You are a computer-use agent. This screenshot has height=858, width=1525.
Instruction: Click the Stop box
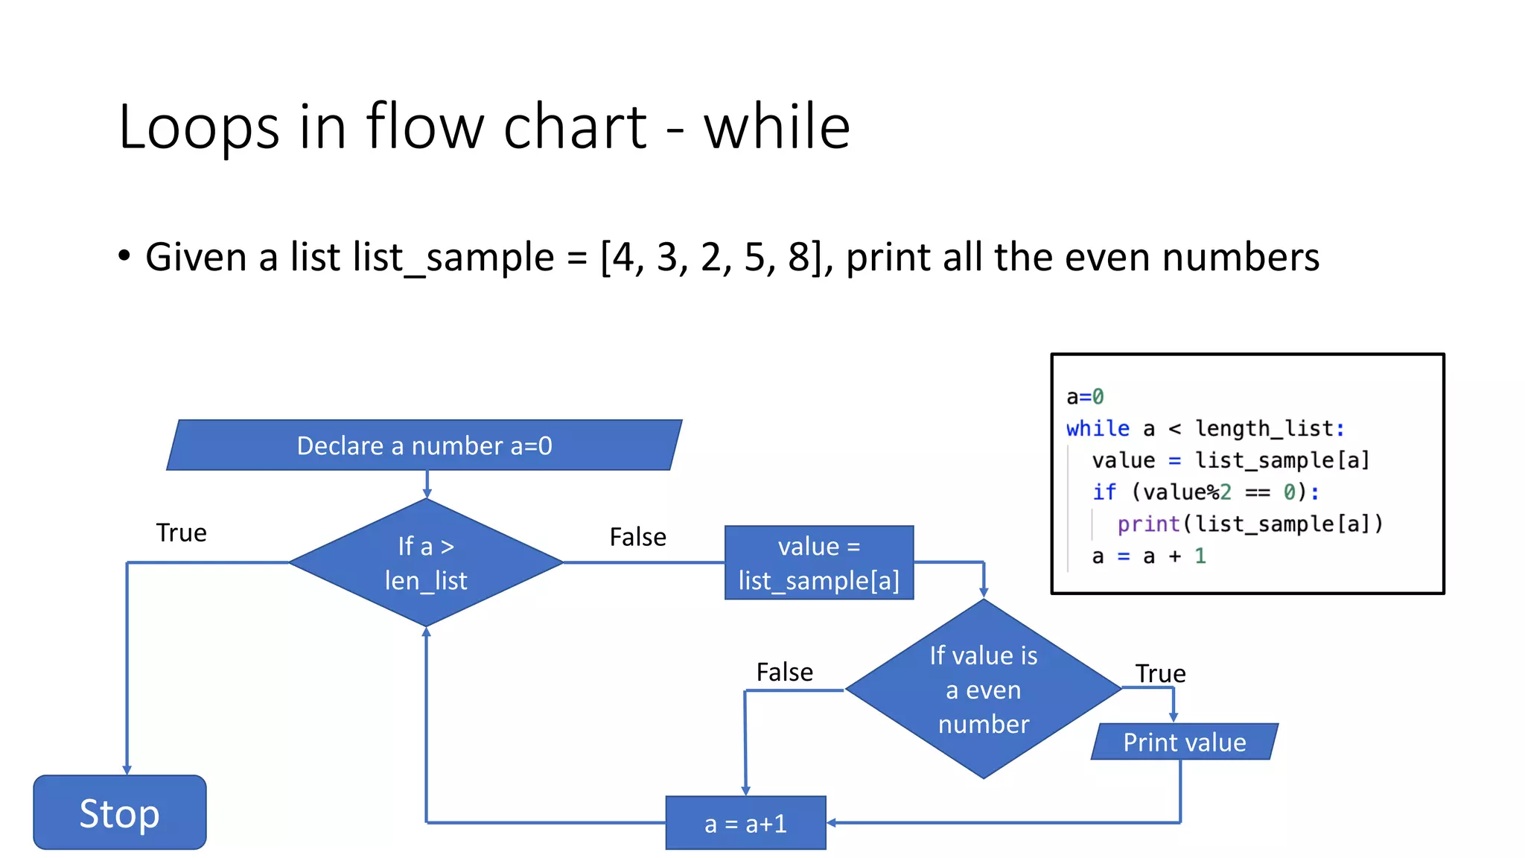tap(119, 812)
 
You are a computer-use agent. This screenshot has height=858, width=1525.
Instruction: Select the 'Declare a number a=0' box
tap(424, 445)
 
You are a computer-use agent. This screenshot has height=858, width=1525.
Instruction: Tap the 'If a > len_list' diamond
tap(426, 563)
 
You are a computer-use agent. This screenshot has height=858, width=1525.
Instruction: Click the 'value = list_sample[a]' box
tap(819, 563)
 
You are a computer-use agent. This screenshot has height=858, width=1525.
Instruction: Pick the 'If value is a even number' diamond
tap(983, 690)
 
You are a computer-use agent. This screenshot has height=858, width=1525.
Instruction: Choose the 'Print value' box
tap(1184, 742)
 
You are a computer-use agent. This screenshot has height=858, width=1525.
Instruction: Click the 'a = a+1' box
tap(745, 823)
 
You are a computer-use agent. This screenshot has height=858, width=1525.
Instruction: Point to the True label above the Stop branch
tap(181, 533)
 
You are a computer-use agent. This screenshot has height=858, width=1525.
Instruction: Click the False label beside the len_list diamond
tap(637, 537)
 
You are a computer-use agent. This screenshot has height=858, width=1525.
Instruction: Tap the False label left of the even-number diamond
tap(784, 672)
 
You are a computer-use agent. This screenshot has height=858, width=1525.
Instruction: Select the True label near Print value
tap(1160, 674)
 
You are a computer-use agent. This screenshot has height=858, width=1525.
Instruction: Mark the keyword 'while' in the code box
tap(1098, 429)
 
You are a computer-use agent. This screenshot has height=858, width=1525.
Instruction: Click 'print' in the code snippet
tap(1148, 524)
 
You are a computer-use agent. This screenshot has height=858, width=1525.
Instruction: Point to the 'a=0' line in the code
tap(1085, 397)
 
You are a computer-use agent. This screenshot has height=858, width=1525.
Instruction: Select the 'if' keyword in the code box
tap(1104, 492)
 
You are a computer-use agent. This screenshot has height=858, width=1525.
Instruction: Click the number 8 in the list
tap(798, 258)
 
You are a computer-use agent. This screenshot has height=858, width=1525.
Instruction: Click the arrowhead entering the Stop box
tap(127, 770)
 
